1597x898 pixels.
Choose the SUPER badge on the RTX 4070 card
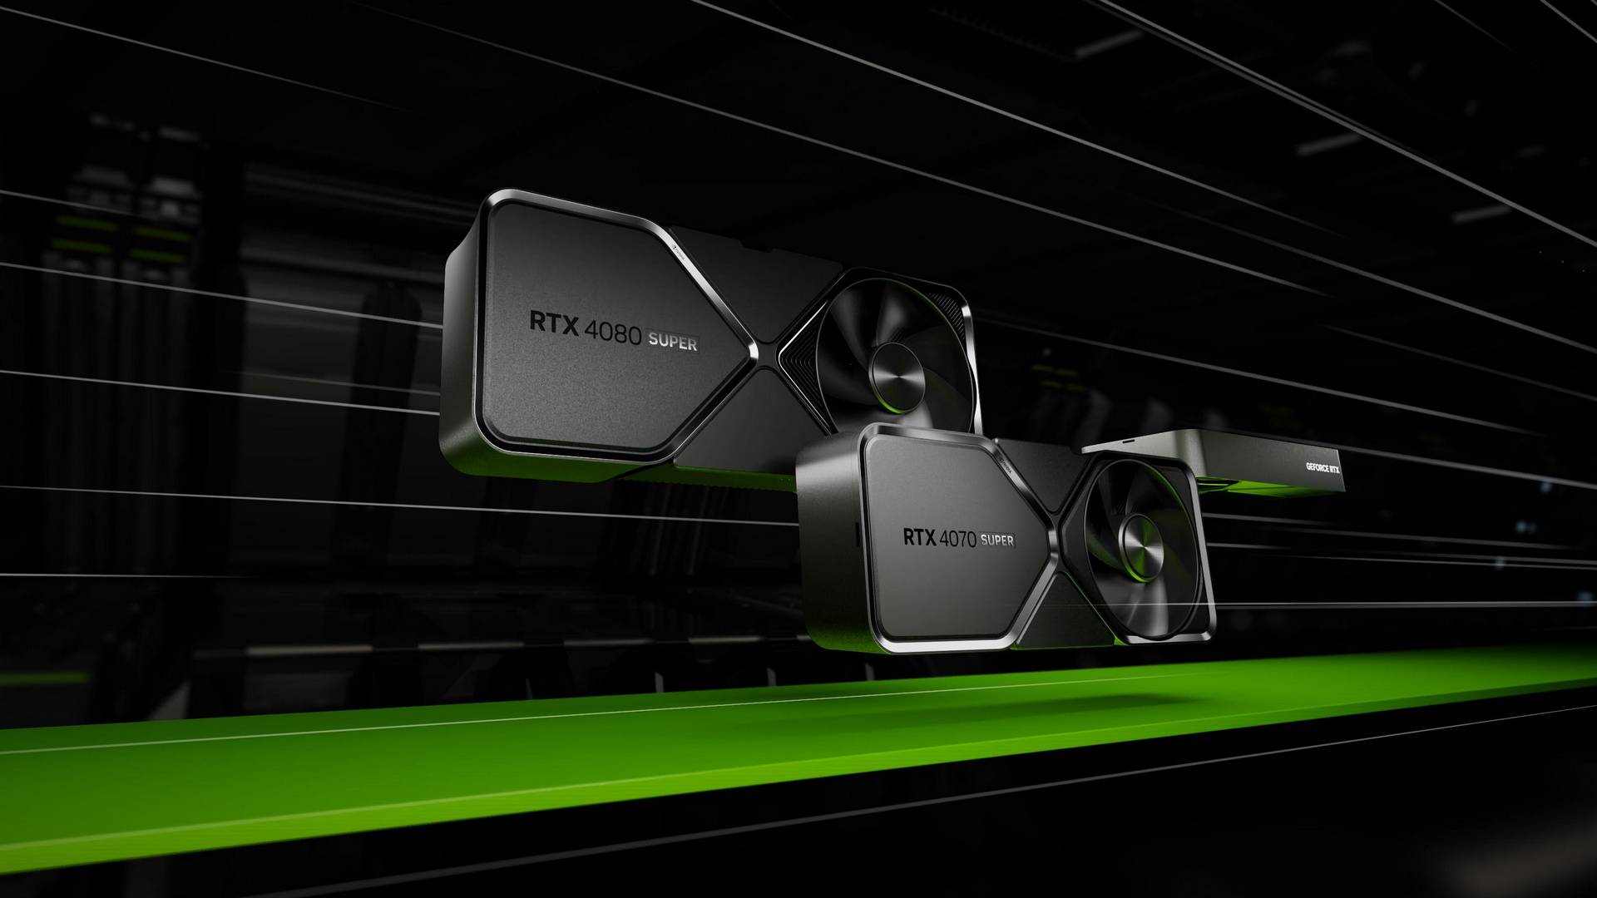(997, 540)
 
